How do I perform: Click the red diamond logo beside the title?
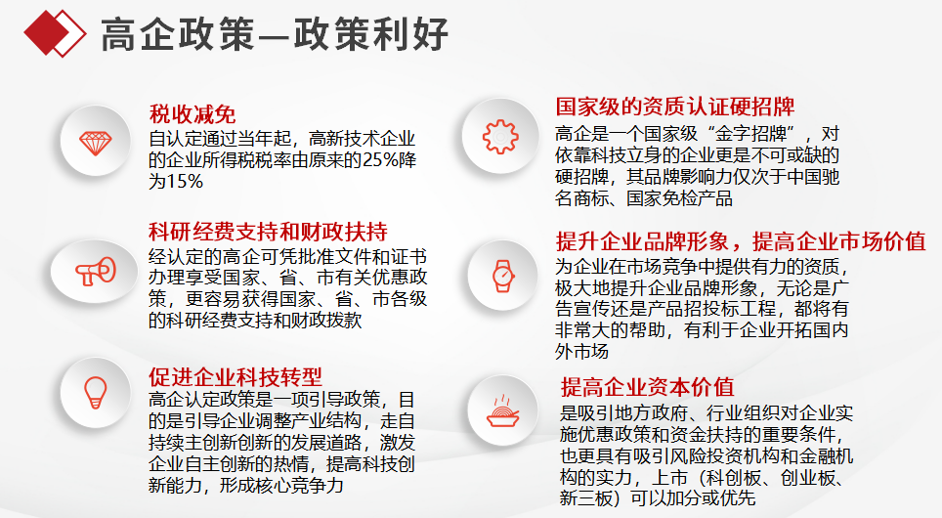pyautogui.click(x=55, y=33)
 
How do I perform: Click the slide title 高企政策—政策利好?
pyautogui.click(x=275, y=34)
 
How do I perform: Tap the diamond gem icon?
pyautogui.click(x=96, y=143)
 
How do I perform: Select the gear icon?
pyautogui.click(x=500, y=137)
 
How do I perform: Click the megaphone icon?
pyautogui.click(x=96, y=272)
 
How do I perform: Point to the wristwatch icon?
pyautogui.click(x=503, y=277)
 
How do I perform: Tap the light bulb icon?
pyautogui.click(x=95, y=393)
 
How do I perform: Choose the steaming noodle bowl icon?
pyautogui.click(x=503, y=411)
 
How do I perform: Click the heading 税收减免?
pyautogui.click(x=193, y=114)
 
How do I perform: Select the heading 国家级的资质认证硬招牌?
pyautogui.click(x=674, y=107)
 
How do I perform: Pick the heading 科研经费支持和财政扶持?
pyautogui.click(x=268, y=232)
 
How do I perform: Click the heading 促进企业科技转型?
pyautogui.click(x=235, y=377)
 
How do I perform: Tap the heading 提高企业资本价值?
pyautogui.click(x=648, y=387)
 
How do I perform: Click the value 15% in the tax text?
pyautogui.click(x=184, y=182)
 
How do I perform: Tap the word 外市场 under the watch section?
pyautogui.click(x=582, y=352)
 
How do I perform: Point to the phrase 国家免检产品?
pyautogui.click(x=679, y=198)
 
